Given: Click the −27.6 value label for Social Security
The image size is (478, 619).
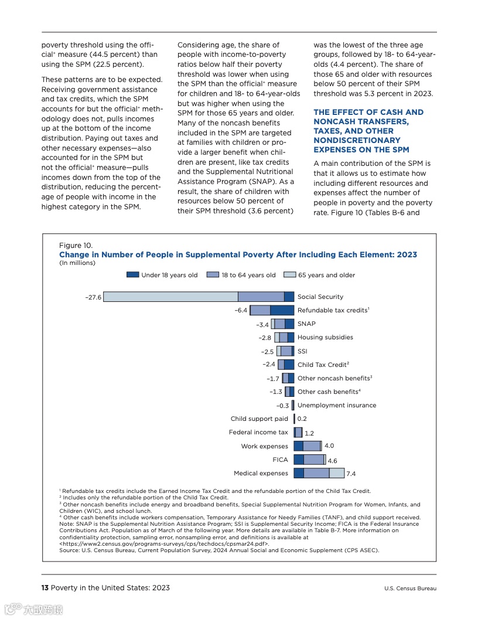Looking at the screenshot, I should [x=93, y=297].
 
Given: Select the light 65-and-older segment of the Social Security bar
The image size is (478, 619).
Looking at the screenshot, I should [x=170, y=297].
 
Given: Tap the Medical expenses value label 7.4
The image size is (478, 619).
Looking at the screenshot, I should [x=351, y=474].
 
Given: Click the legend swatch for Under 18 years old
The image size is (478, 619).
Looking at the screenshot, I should [x=132, y=275].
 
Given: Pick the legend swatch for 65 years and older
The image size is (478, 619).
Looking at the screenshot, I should [x=289, y=275].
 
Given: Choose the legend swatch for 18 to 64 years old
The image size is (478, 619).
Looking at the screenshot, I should [x=213, y=275].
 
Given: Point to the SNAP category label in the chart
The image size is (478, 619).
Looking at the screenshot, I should [x=306, y=324].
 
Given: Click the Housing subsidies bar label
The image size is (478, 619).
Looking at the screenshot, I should [x=325, y=338].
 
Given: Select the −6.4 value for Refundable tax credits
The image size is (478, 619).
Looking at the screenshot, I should [x=241, y=311].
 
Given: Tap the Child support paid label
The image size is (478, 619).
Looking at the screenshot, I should [x=260, y=419].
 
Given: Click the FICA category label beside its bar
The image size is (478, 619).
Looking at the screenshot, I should [x=280, y=460].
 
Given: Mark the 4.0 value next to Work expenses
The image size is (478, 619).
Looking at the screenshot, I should [x=329, y=446].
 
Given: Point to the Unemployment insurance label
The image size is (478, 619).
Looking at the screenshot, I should [x=337, y=406].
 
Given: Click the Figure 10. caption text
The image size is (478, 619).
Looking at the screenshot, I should [x=76, y=246].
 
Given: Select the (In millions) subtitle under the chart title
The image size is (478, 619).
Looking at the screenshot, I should [x=77, y=263].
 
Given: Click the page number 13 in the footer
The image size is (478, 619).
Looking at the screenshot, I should [x=45, y=588].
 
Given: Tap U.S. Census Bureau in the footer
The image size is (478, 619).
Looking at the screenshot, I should [x=410, y=589].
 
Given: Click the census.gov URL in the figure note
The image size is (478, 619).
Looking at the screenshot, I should [x=164, y=544].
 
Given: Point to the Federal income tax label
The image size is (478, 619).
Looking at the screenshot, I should [x=258, y=433].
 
